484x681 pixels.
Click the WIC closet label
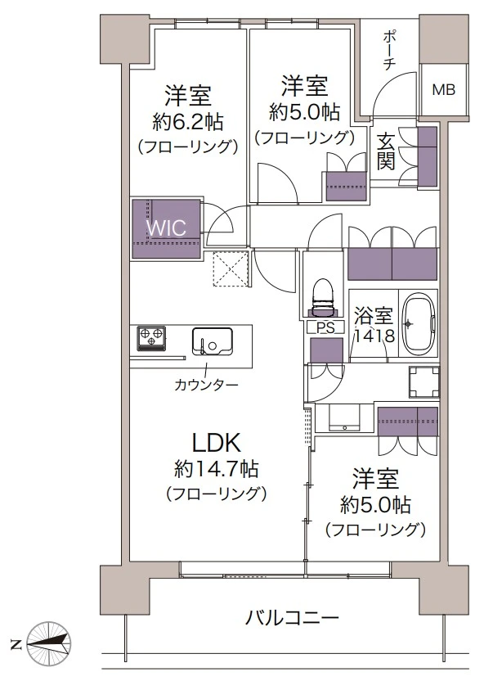[x=166, y=228]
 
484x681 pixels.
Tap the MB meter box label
[x=444, y=90]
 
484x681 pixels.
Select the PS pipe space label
[x=325, y=328]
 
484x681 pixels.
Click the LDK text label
[x=216, y=443]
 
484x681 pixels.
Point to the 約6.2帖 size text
[x=188, y=123]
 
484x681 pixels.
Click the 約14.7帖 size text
[x=216, y=469]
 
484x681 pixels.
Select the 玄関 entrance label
[x=385, y=151]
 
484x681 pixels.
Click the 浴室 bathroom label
[x=374, y=316]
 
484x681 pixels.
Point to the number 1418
[x=374, y=336]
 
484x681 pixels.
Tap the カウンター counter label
[x=206, y=385]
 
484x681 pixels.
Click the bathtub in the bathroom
[x=419, y=324]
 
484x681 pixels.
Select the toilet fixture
[x=322, y=299]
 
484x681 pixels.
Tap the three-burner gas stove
[x=151, y=337]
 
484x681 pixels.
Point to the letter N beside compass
[x=16, y=644]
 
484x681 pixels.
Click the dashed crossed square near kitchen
[x=231, y=269]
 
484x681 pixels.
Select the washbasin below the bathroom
[x=344, y=417]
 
